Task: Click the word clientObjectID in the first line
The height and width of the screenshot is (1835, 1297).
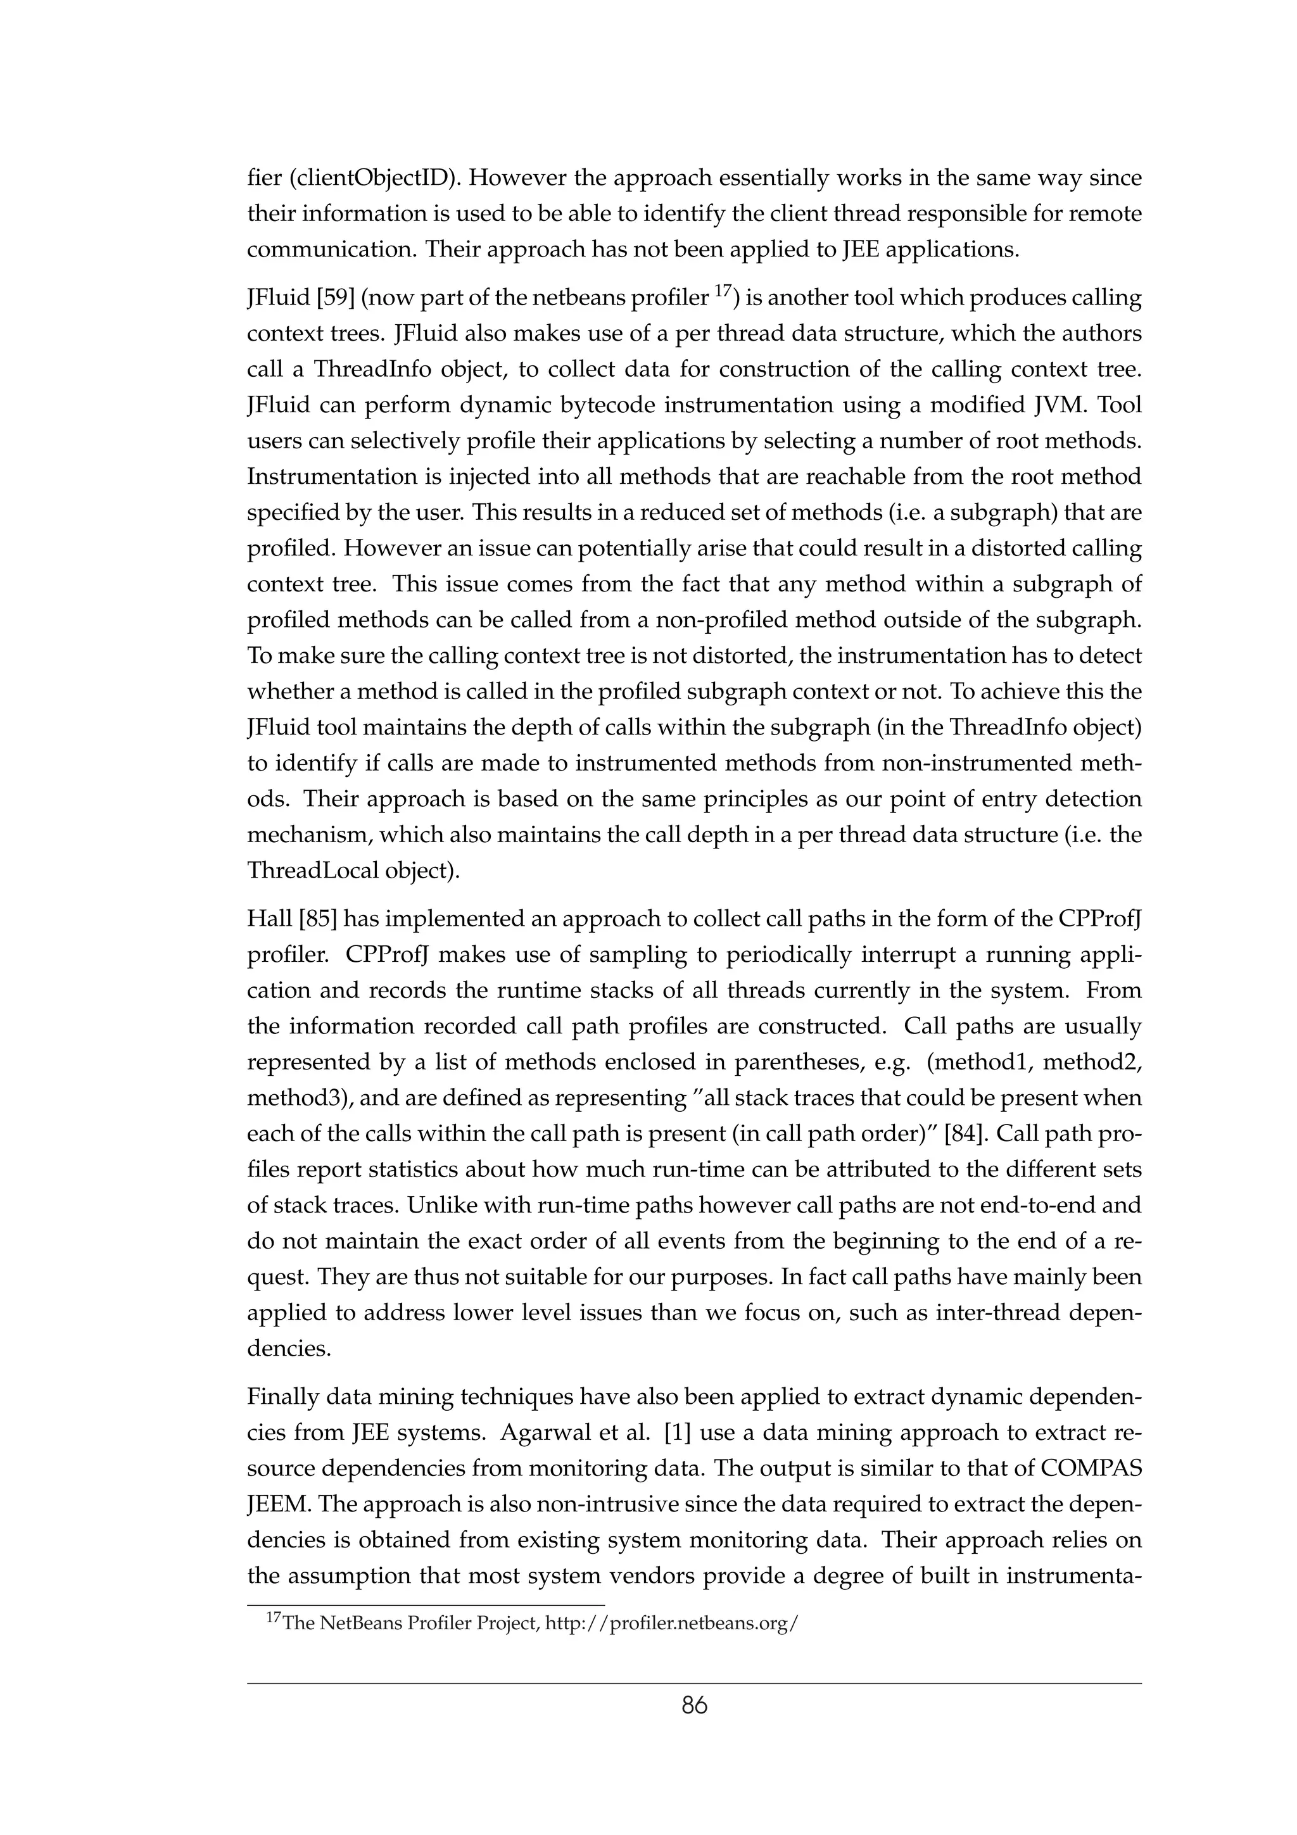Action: pos(372,177)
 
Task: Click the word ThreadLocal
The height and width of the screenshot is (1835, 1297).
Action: pos(312,871)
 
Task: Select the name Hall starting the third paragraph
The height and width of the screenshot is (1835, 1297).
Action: pos(269,919)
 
